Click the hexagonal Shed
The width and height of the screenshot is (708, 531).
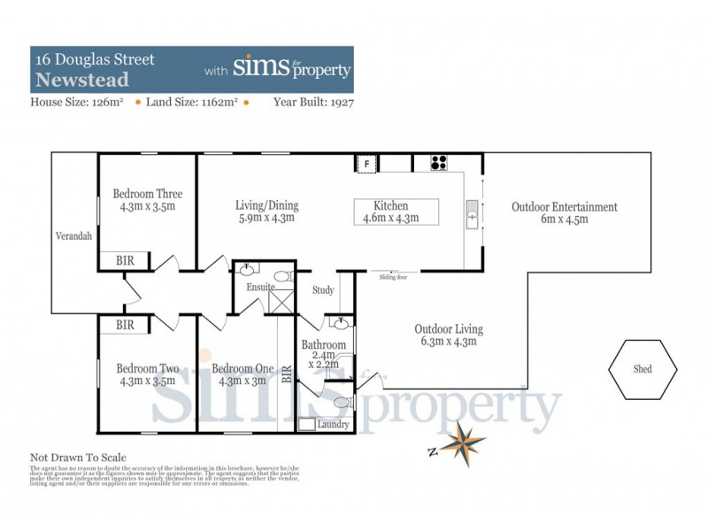point(643,369)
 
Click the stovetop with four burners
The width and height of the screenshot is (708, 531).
point(440,163)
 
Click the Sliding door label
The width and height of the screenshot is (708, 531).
point(392,277)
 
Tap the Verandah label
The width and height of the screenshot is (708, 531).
point(71,237)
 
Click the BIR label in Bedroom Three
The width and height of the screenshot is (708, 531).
point(126,260)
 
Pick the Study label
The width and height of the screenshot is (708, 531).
point(324,290)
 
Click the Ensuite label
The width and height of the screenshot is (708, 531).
point(260,288)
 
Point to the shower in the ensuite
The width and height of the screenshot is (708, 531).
point(282,301)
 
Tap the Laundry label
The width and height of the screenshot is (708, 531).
point(333,425)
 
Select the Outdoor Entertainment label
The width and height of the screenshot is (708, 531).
point(564,207)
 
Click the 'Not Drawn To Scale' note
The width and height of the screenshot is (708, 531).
point(78,458)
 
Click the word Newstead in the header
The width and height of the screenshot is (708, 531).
point(81,80)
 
